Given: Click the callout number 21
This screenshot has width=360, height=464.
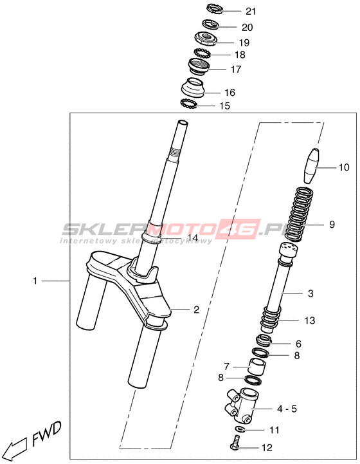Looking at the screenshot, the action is click(x=251, y=11).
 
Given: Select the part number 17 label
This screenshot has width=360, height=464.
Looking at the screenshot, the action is click(x=236, y=70).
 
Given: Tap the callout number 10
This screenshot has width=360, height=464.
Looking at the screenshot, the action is click(x=344, y=167).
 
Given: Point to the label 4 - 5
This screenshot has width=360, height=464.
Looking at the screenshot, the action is click(x=287, y=409).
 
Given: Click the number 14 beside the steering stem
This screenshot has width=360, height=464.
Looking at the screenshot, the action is click(x=192, y=237).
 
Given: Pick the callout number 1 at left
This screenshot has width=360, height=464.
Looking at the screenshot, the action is click(x=35, y=281).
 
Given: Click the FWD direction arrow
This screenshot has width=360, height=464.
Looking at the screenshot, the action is click(x=16, y=447).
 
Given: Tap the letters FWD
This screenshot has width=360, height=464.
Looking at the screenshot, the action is click(x=46, y=434).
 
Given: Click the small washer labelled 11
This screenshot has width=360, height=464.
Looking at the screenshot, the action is click(x=239, y=429).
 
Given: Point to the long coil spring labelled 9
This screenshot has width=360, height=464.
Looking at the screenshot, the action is click(x=300, y=213).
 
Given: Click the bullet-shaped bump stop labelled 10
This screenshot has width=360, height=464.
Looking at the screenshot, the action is click(x=312, y=166).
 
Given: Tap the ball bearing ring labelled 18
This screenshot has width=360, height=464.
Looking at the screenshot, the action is click(x=202, y=53).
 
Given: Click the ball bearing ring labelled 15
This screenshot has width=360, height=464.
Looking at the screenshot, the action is click(x=188, y=104).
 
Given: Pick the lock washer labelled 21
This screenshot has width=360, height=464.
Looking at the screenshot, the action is click(x=215, y=8).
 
